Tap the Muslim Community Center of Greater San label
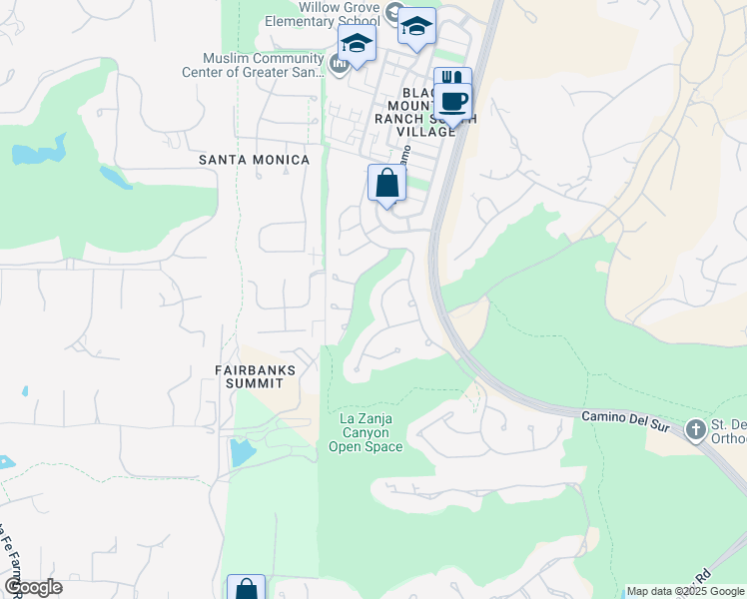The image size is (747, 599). (254, 65)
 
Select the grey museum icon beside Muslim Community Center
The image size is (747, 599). (339, 65)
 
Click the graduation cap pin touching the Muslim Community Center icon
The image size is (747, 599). (357, 45)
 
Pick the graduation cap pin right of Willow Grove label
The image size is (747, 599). (417, 28)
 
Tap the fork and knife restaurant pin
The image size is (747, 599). (452, 80)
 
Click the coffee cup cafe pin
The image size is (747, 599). (453, 101)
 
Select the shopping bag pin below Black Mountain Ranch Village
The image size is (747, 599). (386, 184)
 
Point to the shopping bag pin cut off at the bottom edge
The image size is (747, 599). (246, 589)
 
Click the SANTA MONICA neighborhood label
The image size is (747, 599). (254, 160)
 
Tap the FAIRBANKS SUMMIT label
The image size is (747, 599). (256, 376)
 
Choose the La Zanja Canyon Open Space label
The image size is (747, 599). (366, 431)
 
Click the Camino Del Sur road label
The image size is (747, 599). (623, 413)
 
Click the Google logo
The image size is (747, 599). (33, 587)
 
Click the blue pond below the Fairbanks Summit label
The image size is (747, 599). (242, 452)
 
